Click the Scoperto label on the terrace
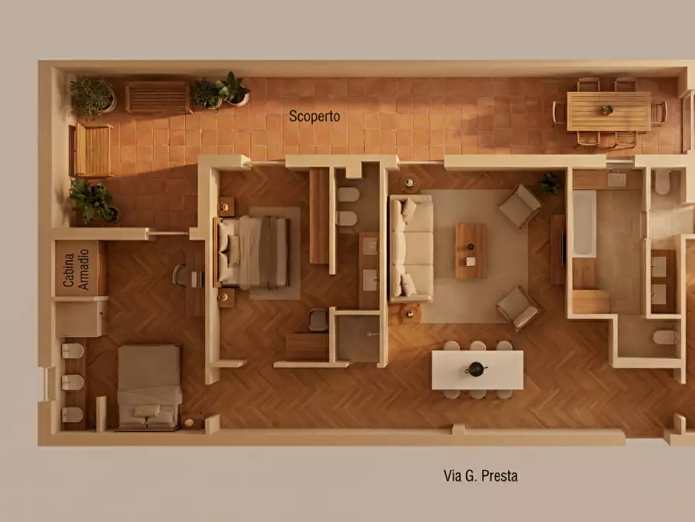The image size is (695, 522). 314,116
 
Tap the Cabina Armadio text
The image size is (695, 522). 75,270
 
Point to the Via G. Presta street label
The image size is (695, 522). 480,475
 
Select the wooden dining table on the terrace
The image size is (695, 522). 608,111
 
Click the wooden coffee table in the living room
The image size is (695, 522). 470,251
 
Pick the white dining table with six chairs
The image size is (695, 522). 477,370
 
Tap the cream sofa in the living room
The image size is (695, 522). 412,249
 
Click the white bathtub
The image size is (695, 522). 584,223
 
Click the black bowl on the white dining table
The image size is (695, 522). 476,368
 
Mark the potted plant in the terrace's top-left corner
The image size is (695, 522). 93,97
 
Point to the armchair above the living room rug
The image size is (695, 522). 519,206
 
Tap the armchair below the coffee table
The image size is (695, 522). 518,306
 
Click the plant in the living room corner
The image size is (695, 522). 550,184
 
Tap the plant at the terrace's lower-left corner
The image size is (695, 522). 92,200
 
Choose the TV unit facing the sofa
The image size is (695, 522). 557,249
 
